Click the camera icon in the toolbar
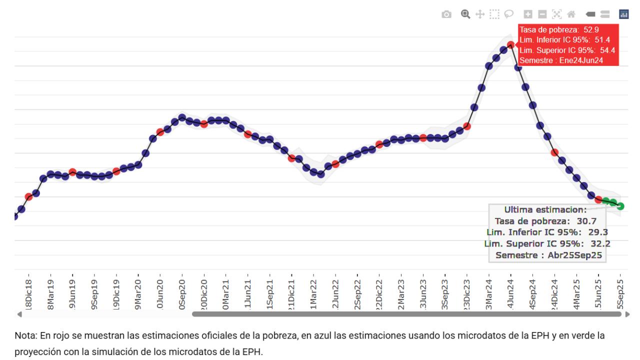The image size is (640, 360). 446,14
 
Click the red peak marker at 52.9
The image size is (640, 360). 510,44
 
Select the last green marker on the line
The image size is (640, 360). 620,206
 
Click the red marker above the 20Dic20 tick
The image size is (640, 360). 204,124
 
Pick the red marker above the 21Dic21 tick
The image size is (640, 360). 291,158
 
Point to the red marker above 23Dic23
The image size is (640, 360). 467,126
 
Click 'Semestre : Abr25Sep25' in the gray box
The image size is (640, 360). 547,255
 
